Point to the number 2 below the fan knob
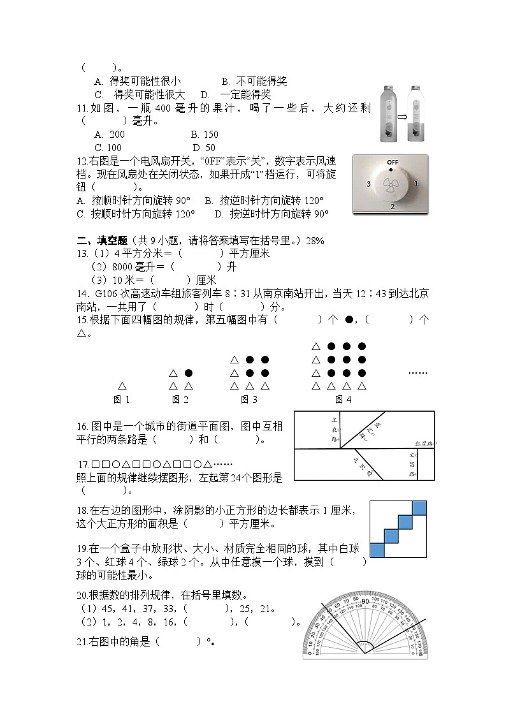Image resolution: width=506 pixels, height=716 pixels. tap(392, 207)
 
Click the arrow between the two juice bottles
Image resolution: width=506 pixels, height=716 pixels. tap(402, 117)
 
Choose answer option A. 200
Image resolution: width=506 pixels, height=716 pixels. tap(109, 135)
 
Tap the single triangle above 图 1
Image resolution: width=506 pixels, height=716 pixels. tap(122, 386)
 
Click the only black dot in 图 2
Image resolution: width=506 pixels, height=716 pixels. tap(189, 373)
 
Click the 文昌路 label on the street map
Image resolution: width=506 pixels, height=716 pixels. tap(412, 465)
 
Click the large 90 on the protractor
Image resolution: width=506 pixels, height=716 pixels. tap(365, 603)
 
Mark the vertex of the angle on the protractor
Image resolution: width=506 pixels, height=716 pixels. tap(365, 653)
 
